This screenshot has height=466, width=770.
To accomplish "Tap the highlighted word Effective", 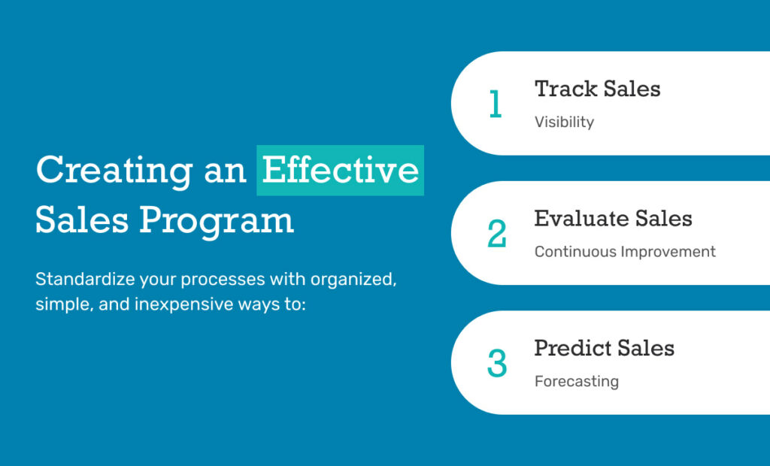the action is [x=341, y=170].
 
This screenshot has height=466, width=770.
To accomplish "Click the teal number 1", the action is [x=496, y=104].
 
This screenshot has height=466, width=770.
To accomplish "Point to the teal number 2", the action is [x=496, y=233].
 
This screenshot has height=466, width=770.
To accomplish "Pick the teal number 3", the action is [x=496, y=363].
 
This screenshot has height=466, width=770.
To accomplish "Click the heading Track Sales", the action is [x=597, y=89].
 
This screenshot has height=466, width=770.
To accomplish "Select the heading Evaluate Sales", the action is [x=614, y=219].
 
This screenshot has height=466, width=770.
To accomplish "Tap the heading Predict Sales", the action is [x=604, y=348].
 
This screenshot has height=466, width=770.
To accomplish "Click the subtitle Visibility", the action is [x=564, y=122].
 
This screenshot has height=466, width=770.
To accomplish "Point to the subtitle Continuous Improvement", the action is [x=625, y=251].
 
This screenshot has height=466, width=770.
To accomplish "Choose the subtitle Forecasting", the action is [x=577, y=382].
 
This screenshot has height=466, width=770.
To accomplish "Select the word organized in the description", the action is [x=353, y=280].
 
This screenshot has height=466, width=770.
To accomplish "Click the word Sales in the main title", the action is [x=82, y=220].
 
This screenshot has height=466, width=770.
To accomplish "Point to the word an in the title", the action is [x=225, y=172].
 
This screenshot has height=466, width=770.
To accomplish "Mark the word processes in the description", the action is [x=223, y=280].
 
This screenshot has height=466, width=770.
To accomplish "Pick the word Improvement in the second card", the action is [x=668, y=251].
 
